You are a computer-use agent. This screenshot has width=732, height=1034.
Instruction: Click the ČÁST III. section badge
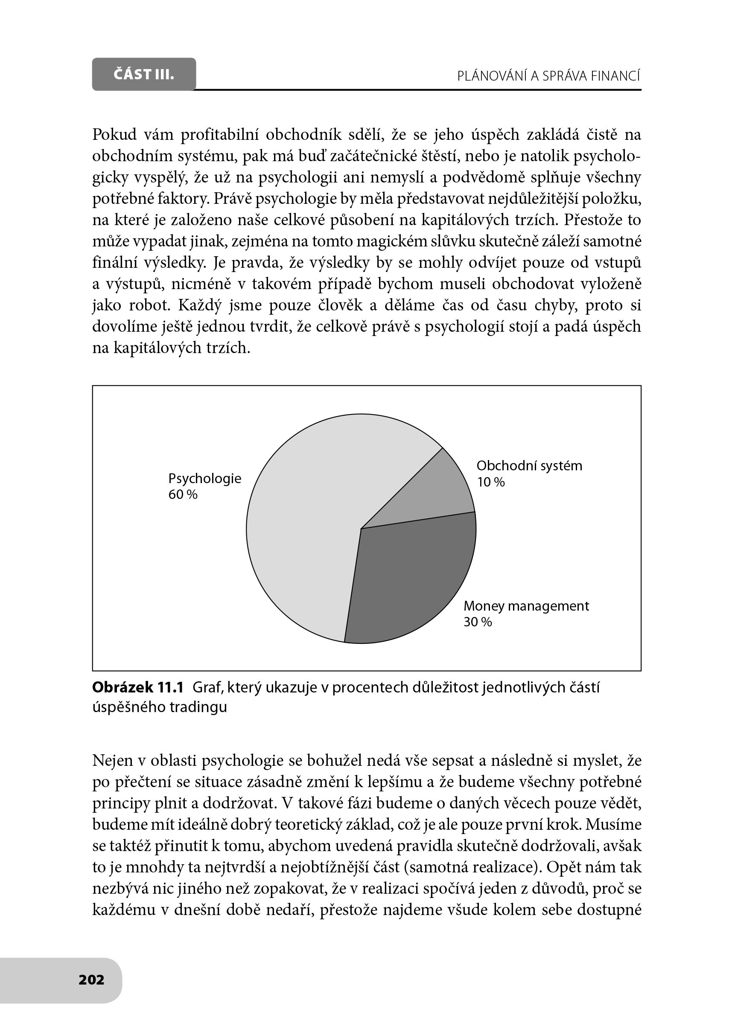click(144, 74)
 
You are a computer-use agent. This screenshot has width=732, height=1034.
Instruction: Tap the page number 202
click(91, 979)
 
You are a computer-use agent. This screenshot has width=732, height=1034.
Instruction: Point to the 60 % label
click(183, 495)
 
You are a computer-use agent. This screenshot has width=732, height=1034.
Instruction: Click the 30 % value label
click(478, 622)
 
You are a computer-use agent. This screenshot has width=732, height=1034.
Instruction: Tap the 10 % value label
click(491, 482)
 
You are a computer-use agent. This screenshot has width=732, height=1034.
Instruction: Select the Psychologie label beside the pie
click(204, 478)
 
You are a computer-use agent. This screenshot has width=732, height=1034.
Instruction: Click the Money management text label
click(526, 606)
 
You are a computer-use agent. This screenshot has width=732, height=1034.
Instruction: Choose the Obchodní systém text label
click(529, 466)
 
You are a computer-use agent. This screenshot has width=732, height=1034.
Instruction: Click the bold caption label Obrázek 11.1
click(138, 688)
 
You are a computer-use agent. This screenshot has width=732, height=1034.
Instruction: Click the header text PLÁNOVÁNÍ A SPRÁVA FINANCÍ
click(548, 76)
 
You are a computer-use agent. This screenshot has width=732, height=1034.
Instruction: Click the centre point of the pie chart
click(361, 529)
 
